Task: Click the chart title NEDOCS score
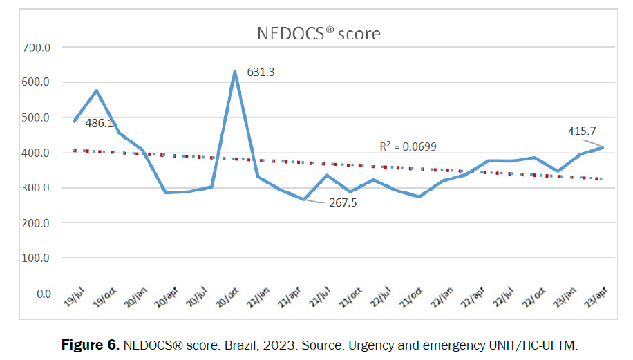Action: click(x=319, y=33)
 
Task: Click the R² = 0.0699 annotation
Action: click(x=408, y=147)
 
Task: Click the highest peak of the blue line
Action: click(x=235, y=72)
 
